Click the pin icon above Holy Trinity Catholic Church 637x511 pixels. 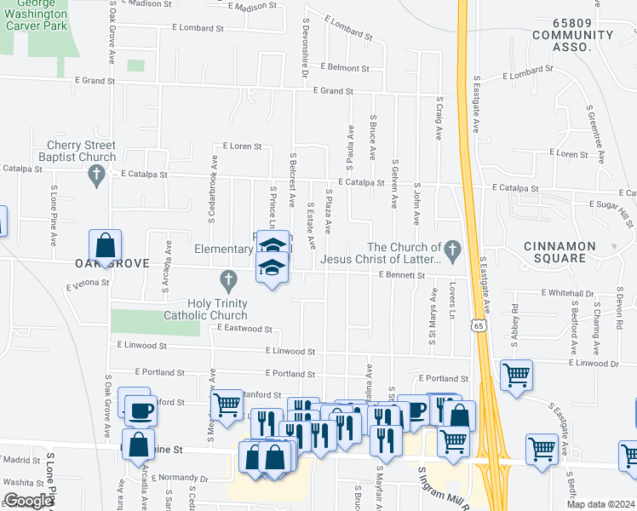click(x=227, y=278)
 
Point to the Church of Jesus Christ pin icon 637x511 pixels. click(x=453, y=250)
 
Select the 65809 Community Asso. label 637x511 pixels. click(x=571, y=41)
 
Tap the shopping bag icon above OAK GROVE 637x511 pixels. click(x=105, y=245)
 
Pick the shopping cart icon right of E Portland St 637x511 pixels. click(x=516, y=375)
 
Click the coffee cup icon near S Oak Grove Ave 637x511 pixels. click(x=141, y=411)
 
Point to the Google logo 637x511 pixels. click(x=27, y=501)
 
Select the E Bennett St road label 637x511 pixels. click(x=401, y=275)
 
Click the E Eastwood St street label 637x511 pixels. click(x=244, y=328)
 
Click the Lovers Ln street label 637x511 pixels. click(x=455, y=296)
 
